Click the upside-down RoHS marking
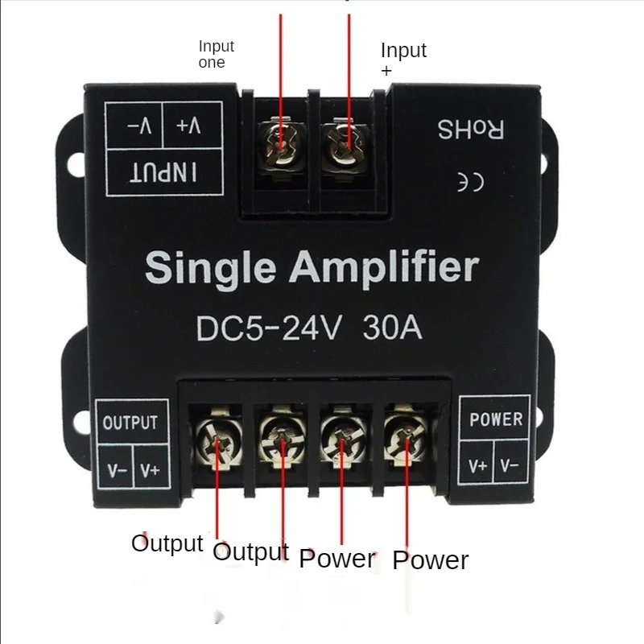coord(471,128)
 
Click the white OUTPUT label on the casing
coord(130,423)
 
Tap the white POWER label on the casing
coord(496,419)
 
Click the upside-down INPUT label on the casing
coord(163,171)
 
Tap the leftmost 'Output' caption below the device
coord(167,543)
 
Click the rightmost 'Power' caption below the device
coord(430,559)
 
